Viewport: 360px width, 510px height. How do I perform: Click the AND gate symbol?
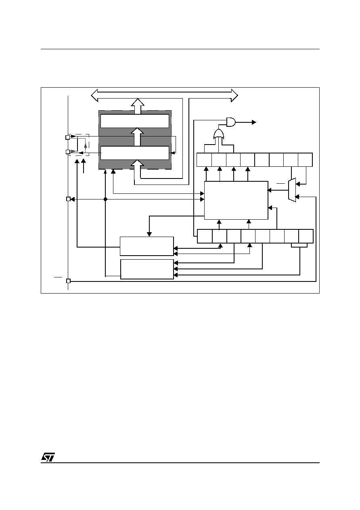pyautogui.click(x=231, y=122)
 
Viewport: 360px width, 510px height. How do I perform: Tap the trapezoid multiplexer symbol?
pyautogui.click(x=292, y=190)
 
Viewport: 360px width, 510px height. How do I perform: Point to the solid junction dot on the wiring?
pyautogui.click(x=105, y=199)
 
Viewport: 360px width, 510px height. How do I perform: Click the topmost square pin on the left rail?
pyautogui.click(x=67, y=137)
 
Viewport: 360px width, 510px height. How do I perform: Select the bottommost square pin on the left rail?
pyautogui.click(x=68, y=281)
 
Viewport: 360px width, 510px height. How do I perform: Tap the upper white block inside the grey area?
pyautogui.click(x=135, y=121)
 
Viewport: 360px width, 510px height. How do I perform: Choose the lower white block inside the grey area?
pyautogui.click(x=135, y=153)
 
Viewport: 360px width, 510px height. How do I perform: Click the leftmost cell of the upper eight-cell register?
pyautogui.click(x=204, y=160)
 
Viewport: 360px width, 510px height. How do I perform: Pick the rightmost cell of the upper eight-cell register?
pyautogui.click(x=305, y=160)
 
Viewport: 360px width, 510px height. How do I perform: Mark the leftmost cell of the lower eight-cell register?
pyautogui.click(x=205, y=236)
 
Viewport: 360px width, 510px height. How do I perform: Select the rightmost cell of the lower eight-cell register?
pyautogui.click(x=306, y=236)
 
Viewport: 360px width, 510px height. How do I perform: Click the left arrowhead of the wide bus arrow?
pyautogui.click(x=94, y=95)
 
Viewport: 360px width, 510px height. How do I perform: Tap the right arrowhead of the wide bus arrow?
pyautogui.click(x=234, y=95)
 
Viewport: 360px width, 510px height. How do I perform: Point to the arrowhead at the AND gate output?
pyautogui.click(x=254, y=122)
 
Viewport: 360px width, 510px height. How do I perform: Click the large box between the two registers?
pyautogui.click(x=236, y=200)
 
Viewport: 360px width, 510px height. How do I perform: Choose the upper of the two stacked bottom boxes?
pyautogui.click(x=147, y=246)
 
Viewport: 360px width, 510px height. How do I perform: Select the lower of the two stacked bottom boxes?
pyautogui.click(x=147, y=269)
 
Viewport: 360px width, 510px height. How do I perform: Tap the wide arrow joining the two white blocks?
pyautogui.click(x=138, y=137)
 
